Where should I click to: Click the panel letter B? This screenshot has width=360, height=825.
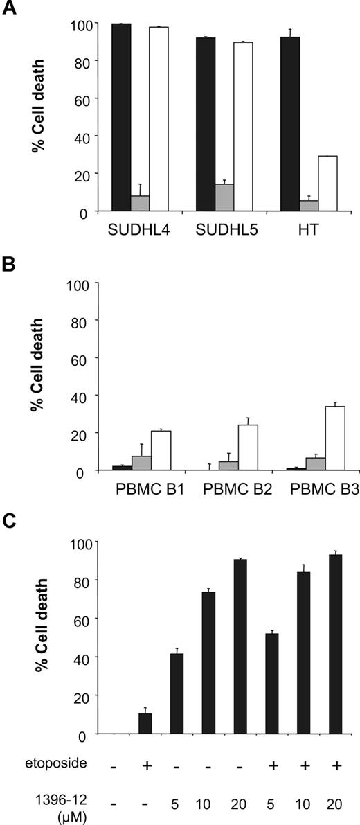9,267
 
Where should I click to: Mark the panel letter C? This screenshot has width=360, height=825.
9,521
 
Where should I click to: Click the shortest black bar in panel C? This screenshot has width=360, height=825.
145,722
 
